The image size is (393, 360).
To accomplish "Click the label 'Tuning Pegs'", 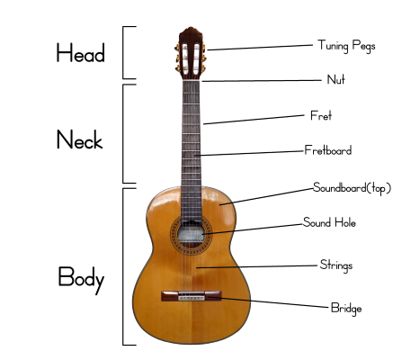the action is [x=346, y=46].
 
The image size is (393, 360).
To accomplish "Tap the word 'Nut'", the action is [x=335, y=79].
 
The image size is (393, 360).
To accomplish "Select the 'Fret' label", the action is [x=321, y=115].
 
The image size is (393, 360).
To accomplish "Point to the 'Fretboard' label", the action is [x=328, y=150].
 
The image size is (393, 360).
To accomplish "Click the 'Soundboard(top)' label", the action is [x=353, y=188].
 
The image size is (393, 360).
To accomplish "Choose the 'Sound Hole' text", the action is [x=329, y=222].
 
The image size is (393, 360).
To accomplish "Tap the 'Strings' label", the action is [x=336, y=265].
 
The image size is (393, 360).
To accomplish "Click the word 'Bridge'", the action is [x=346, y=309].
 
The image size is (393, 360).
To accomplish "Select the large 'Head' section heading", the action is [x=81, y=53].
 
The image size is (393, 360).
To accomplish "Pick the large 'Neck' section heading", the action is [x=80, y=139].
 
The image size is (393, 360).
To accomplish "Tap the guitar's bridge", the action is [x=192, y=296].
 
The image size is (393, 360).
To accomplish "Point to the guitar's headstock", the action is [x=191, y=53].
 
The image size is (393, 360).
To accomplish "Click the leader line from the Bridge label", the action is [x=269, y=302].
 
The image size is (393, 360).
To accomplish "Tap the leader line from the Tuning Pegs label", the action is [x=260, y=48].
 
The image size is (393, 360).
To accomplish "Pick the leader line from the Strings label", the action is [x=256, y=266].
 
